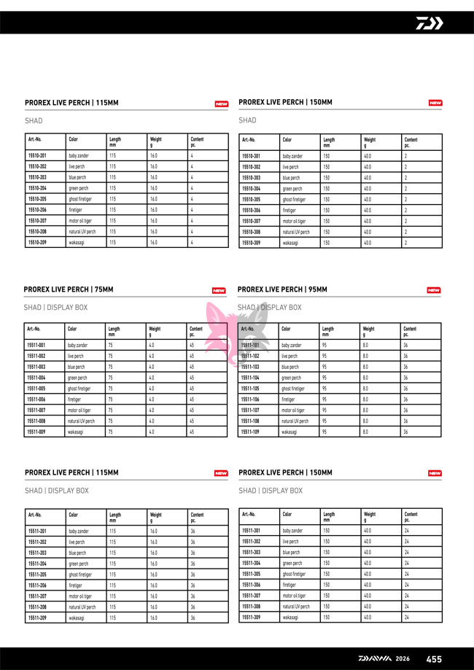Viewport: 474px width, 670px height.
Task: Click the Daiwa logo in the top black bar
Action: point(429,23)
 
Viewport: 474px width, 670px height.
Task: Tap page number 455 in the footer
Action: point(434,659)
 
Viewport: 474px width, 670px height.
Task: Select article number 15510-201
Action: point(37,156)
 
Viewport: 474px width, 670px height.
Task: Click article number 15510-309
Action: point(251,243)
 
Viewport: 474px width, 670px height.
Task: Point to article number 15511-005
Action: point(36,389)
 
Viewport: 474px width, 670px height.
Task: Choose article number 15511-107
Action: point(250,410)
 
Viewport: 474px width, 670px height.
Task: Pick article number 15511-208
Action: point(37,607)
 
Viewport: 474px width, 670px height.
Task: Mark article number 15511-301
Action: point(251,531)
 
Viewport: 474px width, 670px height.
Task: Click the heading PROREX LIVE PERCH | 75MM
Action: point(69,290)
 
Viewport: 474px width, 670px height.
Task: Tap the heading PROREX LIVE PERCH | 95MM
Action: point(283,290)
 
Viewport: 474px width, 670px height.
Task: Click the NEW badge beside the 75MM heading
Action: point(219,291)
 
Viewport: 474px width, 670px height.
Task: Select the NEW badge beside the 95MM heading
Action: point(433,290)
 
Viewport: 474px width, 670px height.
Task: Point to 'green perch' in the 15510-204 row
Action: point(78,188)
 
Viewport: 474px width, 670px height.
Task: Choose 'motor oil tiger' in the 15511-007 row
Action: point(79,410)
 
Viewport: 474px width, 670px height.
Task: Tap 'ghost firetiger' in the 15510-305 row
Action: point(294,199)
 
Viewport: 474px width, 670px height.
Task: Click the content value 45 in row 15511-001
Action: point(192,345)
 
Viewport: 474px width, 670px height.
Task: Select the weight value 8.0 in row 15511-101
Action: point(366,345)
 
